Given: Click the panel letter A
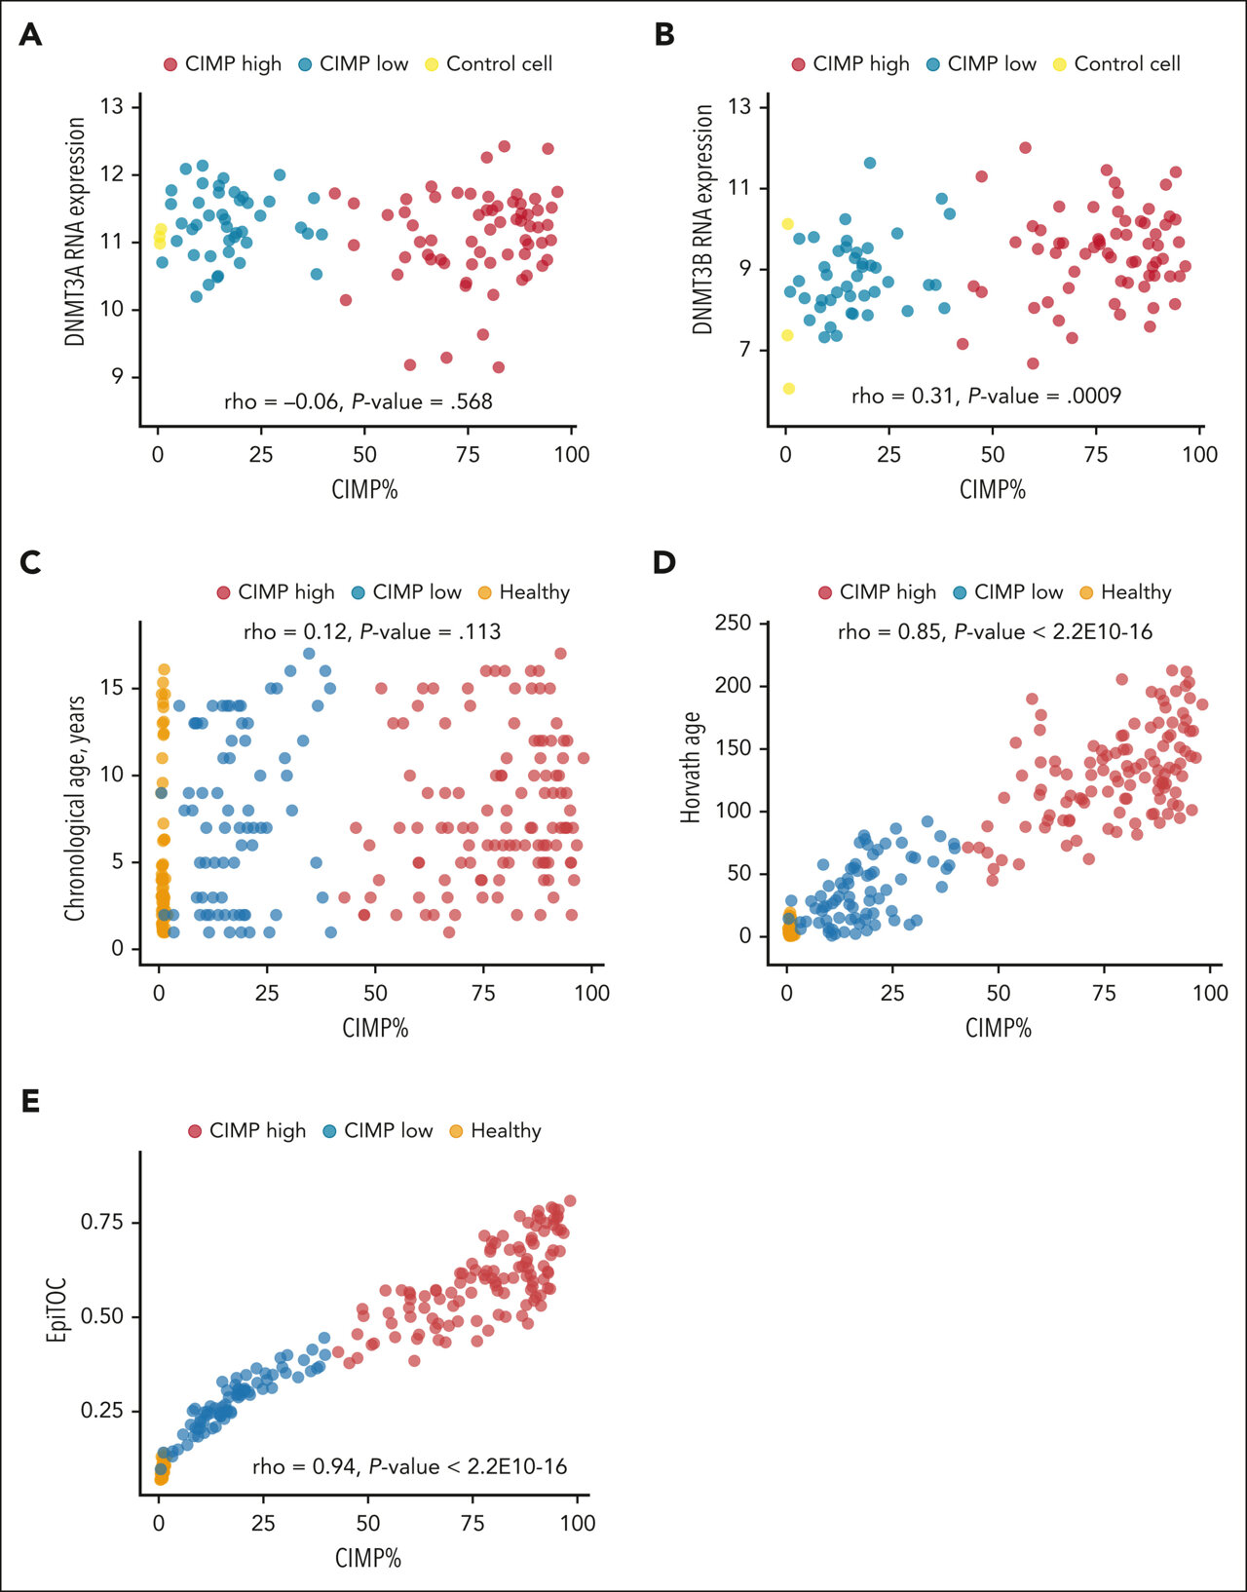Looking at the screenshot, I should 30,35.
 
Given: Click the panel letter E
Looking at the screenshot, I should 30,1101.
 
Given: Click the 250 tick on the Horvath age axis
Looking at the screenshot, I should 734,623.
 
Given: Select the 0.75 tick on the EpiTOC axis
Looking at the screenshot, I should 101,1222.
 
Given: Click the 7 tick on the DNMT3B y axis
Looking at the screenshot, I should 746,350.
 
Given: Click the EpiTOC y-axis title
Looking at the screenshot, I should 57,1316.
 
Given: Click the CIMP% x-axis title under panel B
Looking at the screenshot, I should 992,489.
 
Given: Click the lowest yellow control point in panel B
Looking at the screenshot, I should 788,389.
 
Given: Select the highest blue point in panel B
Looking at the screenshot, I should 870,163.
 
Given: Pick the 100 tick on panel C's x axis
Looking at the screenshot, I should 591,993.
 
